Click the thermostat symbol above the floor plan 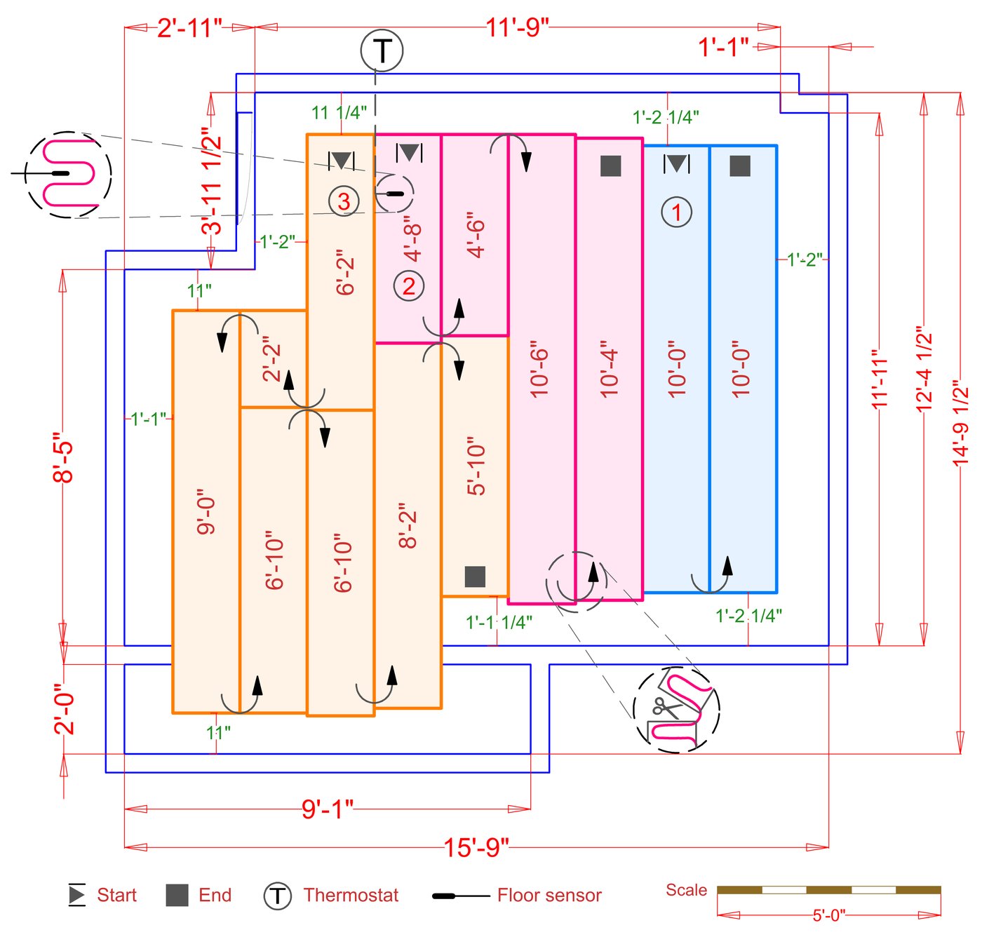(x=382, y=50)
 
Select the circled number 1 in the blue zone (x=677, y=212)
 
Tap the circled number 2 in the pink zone (x=408, y=285)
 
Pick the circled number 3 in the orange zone (x=344, y=201)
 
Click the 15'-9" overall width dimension (x=476, y=847)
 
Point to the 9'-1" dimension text (x=328, y=809)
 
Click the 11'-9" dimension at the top (x=517, y=27)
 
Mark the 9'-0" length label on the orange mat (x=206, y=512)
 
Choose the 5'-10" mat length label (x=476, y=468)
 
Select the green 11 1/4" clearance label (x=339, y=112)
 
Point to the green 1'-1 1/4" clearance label (x=499, y=622)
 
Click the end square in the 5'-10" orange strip (x=475, y=577)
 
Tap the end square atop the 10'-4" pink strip (x=610, y=166)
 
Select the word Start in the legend (x=116, y=895)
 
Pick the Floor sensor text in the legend (x=549, y=895)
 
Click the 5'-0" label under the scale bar (x=828, y=915)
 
